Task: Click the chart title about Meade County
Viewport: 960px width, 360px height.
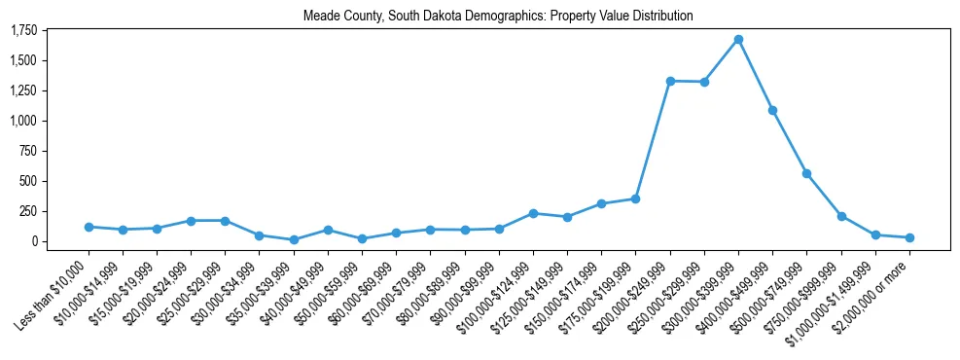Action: (x=498, y=16)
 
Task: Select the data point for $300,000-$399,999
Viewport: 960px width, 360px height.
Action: (x=738, y=39)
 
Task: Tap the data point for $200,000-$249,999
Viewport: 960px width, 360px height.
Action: (x=670, y=81)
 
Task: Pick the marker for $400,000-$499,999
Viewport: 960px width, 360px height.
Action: (x=772, y=110)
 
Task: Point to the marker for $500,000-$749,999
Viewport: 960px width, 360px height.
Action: (x=806, y=173)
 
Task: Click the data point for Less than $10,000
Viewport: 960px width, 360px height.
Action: (x=89, y=227)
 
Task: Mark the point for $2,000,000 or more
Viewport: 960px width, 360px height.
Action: (x=909, y=237)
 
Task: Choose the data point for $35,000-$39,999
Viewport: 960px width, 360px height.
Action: (x=294, y=239)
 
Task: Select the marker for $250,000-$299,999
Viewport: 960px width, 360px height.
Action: (x=704, y=82)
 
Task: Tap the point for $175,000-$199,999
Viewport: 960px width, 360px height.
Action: (x=635, y=198)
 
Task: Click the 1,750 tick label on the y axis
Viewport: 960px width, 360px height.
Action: (x=23, y=30)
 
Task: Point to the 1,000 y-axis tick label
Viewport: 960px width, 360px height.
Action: (x=23, y=121)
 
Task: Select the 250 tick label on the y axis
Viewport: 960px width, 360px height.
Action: (x=29, y=211)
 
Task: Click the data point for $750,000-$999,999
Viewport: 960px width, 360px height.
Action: (x=841, y=216)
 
